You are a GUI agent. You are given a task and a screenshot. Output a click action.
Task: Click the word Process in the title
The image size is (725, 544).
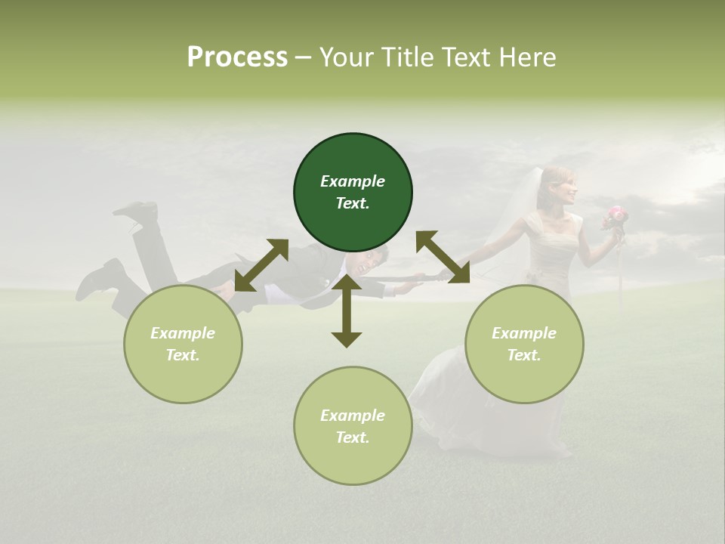237,57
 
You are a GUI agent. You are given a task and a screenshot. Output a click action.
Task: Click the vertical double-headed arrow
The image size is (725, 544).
347,311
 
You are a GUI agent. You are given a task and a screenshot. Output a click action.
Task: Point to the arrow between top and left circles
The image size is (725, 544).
261,265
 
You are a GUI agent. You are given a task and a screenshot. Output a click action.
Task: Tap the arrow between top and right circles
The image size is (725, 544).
443,257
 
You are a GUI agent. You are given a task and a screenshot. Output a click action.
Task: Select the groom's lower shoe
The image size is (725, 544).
98,280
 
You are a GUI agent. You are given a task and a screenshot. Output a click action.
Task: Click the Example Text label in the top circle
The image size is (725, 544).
353,192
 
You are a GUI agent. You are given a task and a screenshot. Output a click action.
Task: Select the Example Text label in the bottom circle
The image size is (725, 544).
353,426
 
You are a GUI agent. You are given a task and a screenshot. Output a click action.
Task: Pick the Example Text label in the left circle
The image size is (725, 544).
183,344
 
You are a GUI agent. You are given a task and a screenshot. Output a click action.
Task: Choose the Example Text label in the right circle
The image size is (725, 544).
524,344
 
